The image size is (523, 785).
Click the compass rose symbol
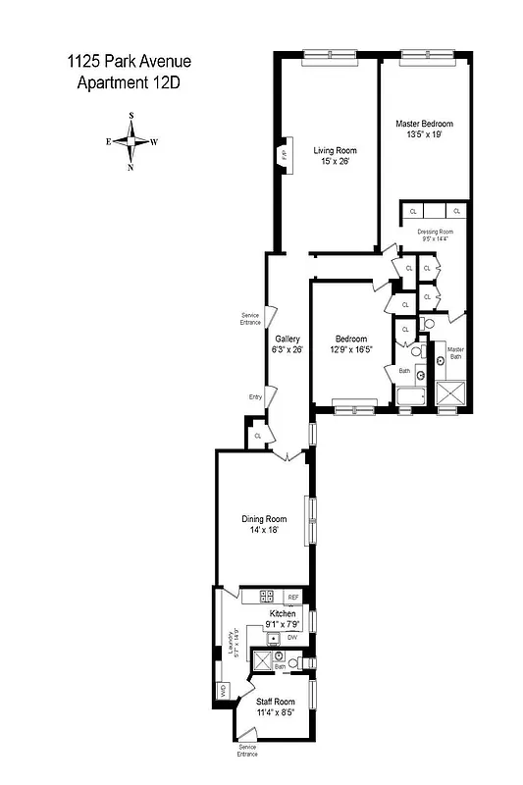tap(131, 141)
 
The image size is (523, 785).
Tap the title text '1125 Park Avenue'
tap(128, 62)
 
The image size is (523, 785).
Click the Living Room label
tap(335, 150)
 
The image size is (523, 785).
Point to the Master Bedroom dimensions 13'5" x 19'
tap(425, 134)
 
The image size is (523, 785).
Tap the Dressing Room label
tap(434, 232)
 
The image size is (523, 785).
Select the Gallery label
tap(288, 338)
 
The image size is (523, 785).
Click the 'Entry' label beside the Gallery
tap(255, 396)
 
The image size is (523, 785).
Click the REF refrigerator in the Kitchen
tap(292, 597)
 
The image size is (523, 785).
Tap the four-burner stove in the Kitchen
tap(266, 597)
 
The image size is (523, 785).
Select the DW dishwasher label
tap(292, 638)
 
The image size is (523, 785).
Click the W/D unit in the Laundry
tap(223, 688)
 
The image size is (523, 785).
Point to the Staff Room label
tap(276, 702)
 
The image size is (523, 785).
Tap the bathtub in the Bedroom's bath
tap(411, 397)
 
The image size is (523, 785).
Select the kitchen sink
tap(272, 638)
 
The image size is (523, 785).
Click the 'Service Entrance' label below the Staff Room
tap(245, 751)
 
